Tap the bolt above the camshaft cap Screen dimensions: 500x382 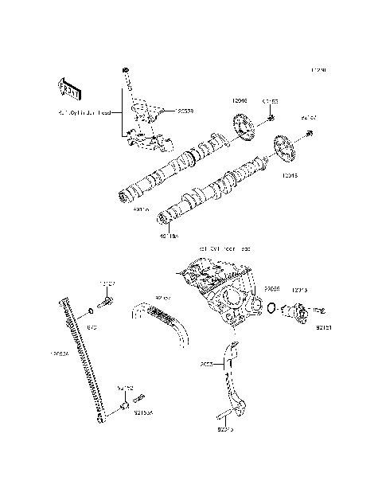click(126, 73)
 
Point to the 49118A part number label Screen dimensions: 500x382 click(170, 236)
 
